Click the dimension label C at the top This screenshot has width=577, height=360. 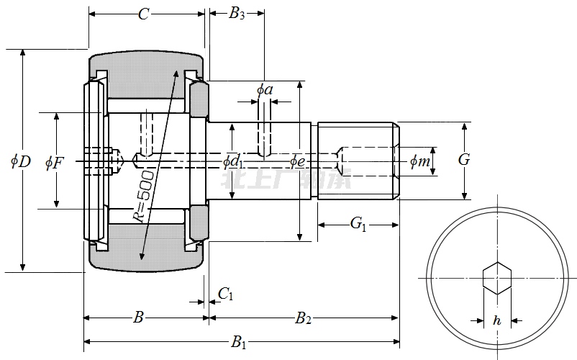pyautogui.click(x=144, y=14)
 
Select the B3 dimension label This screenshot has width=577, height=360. pyautogui.click(x=237, y=14)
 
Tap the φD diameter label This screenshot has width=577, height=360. pyautogui.click(x=20, y=161)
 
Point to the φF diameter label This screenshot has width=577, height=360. pyautogui.click(x=54, y=162)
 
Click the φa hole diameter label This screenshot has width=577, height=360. pyautogui.click(x=265, y=90)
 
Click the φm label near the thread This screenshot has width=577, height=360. pyautogui.click(x=419, y=162)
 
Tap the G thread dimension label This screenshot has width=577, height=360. pyautogui.click(x=464, y=160)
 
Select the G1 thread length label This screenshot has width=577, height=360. pyautogui.click(x=358, y=225)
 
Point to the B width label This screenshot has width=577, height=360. pyautogui.click(x=140, y=318)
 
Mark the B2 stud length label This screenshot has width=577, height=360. pyautogui.click(x=303, y=318)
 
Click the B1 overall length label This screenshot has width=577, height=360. pyautogui.click(x=238, y=343)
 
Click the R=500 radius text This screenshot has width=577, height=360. pyautogui.click(x=143, y=194)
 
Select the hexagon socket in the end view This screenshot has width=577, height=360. pyautogui.click(x=496, y=279)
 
